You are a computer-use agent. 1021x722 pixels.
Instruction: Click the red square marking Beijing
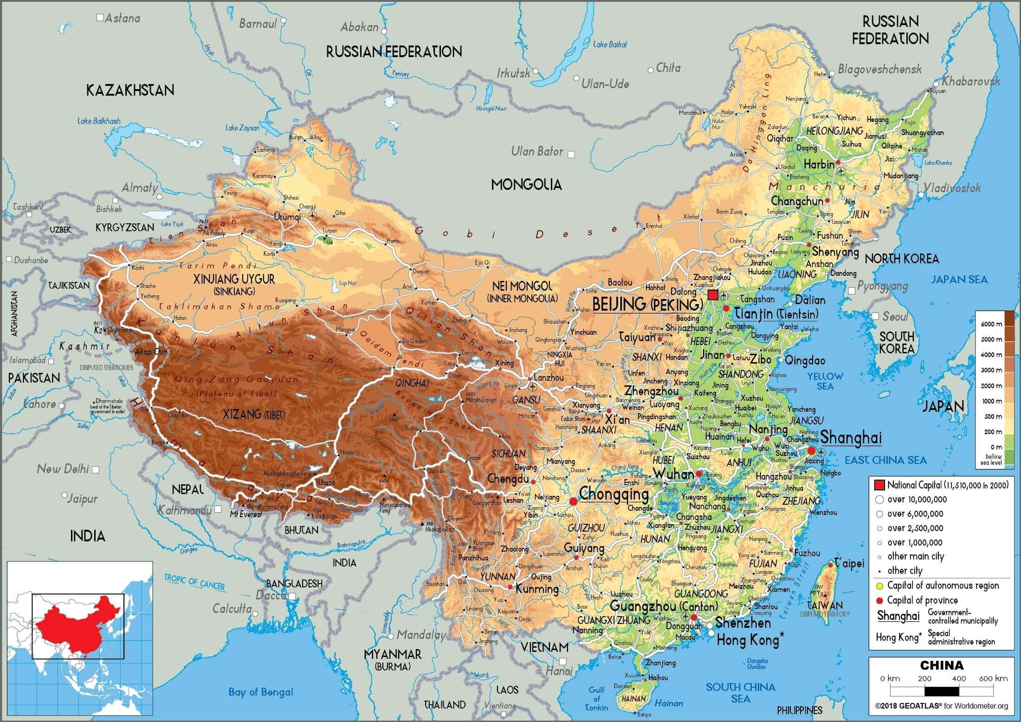coord(713,295)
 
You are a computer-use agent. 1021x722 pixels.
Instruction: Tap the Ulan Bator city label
coord(537,151)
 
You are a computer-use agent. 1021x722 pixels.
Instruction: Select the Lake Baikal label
coord(610,45)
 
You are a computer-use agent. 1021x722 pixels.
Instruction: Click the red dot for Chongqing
coord(573,501)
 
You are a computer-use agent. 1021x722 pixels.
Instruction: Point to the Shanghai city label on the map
coord(851,438)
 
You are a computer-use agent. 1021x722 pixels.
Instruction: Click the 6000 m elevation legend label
coord(991,324)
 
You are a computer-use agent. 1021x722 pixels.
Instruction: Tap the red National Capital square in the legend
coord(879,485)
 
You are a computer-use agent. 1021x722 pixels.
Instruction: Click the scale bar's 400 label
coord(959,678)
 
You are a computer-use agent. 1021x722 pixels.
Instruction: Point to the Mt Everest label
coord(246,514)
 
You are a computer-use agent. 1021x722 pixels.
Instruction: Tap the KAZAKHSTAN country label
coord(130,90)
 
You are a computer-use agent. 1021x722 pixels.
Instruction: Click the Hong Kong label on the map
coord(747,640)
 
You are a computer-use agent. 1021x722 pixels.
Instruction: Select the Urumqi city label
coord(287,217)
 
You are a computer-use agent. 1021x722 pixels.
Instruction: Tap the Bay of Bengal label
coord(261,692)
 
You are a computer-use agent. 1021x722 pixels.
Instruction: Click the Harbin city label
coord(819,164)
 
